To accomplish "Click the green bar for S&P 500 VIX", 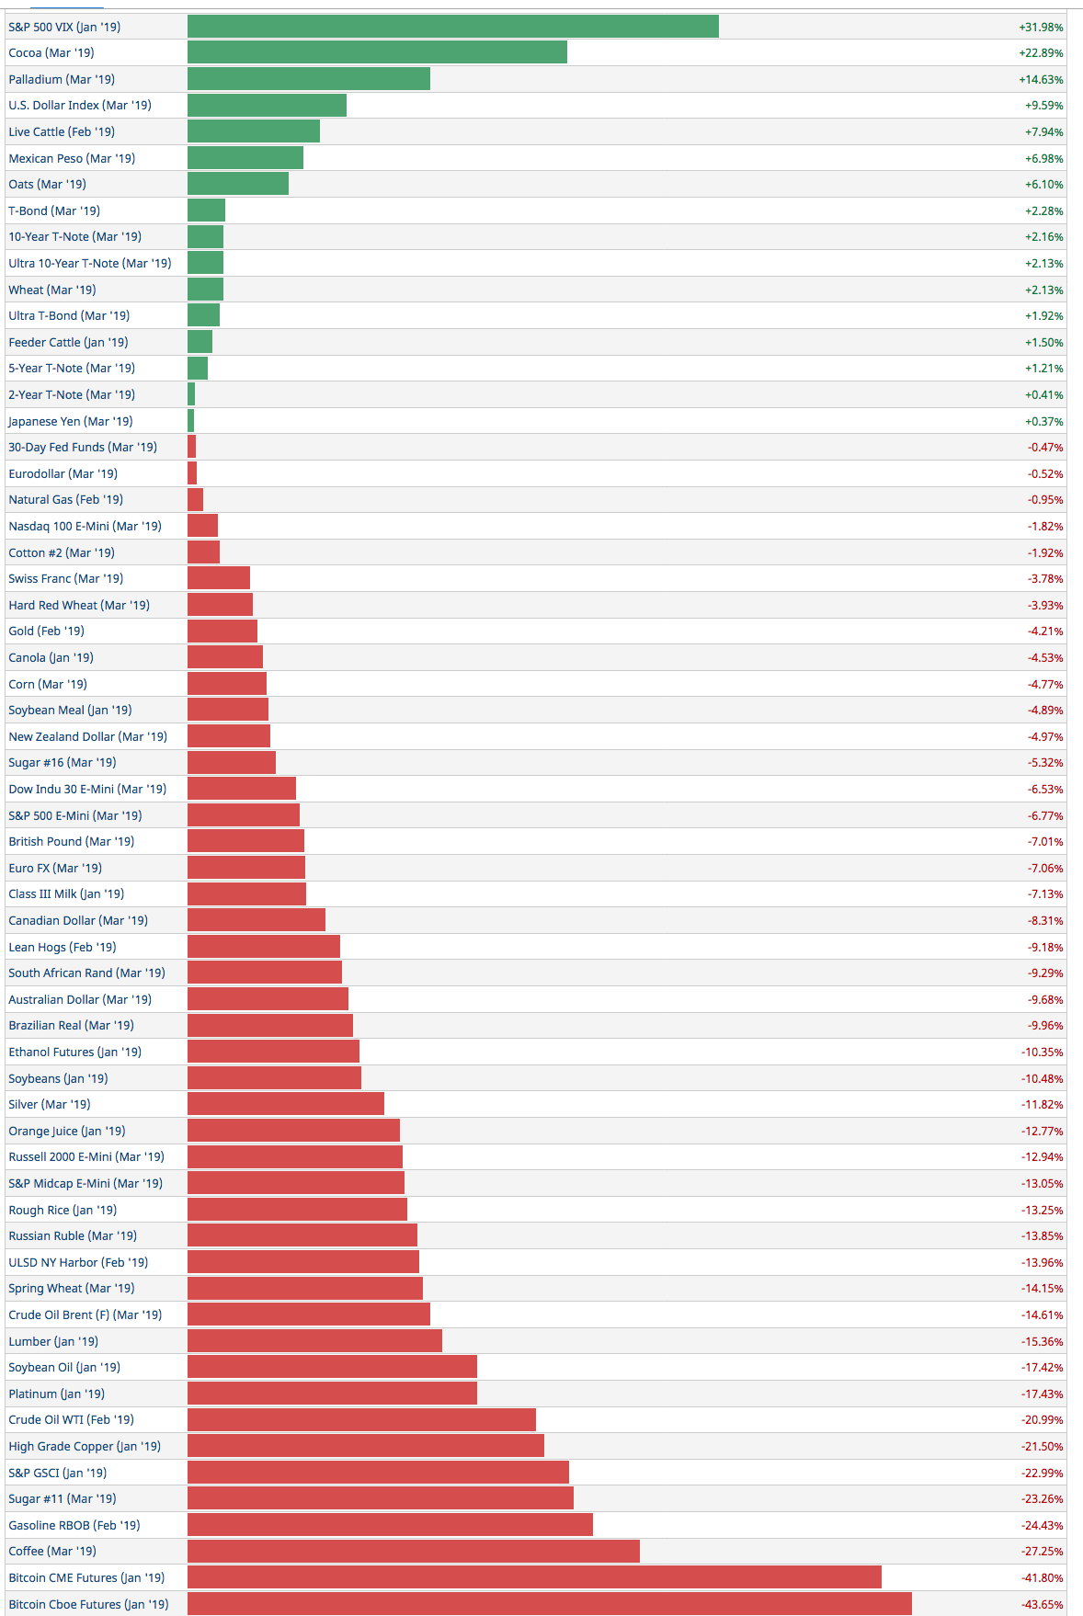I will pos(452,27).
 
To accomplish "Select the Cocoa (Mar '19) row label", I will pos(51,53).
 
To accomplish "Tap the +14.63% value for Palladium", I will pos(1041,80).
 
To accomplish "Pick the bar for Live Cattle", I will pos(254,131).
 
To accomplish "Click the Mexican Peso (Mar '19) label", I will pos(72,158).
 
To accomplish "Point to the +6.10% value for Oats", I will pos(1043,185).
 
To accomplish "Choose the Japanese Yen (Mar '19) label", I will pos(71,421).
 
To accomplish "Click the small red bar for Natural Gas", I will pos(195,500).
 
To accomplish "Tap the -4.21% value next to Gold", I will pos(1044,632).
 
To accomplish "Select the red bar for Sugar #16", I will pos(232,763).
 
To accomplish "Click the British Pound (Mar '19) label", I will pos(72,842).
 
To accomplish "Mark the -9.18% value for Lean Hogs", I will pos(1044,948).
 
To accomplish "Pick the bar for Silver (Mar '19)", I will pos(286,1105).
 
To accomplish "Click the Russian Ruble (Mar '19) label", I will pos(73,1236).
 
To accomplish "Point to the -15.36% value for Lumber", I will pos(1042,1342).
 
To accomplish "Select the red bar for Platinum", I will pos(332,1394).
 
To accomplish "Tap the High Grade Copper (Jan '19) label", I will pos(85,1447).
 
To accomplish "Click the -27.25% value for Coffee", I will pos(1042,1552).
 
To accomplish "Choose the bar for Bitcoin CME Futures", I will pos(534,1578).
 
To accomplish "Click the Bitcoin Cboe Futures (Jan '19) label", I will pos(88,1605).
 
